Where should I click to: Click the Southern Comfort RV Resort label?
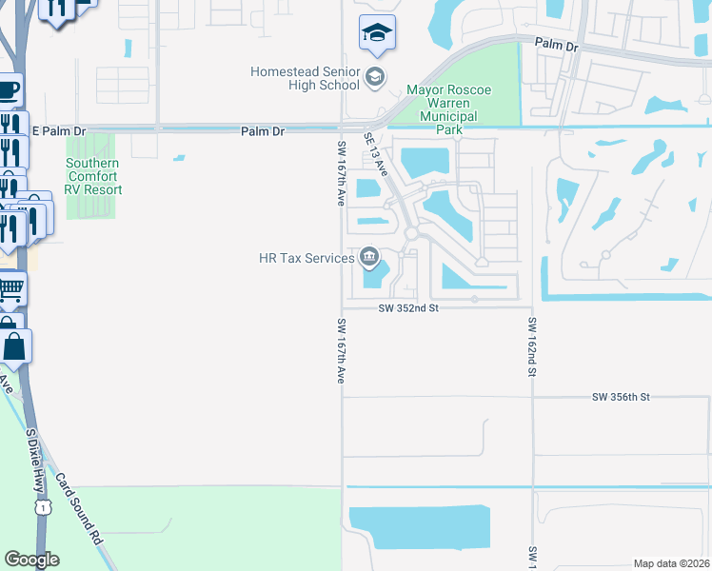[x=93, y=176]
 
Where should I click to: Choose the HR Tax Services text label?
[x=307, y=258]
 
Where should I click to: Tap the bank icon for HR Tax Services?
[x=369, y=257]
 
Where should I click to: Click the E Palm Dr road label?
[x=59, y=131]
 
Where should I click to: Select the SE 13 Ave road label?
[x=376, y=154]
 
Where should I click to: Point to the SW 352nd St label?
[x=407, y=308]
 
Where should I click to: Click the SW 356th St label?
[x=620, y=397]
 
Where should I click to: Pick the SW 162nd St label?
[x=533, y=345]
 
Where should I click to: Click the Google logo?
[x=31, y=560]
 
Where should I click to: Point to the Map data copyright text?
[x=671, y=563]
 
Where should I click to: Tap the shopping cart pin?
[x=10, y=287]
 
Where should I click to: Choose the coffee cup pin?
[x=9, y=91]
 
